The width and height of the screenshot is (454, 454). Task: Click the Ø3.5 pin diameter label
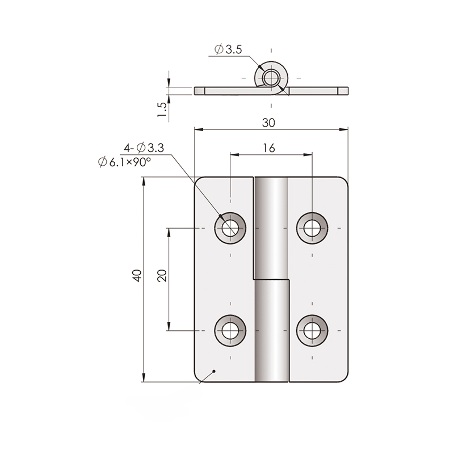pyautogui.click(x=228, y=49)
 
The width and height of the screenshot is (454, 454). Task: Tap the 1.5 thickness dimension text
pyautogui.click(x=162, y=110)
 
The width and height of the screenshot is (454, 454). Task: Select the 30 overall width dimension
pyautogui.click(x=268, y=123)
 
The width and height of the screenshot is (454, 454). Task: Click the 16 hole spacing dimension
pyautogui.click(x=268, y=148)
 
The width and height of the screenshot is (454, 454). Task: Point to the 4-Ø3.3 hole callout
pyautogui.click(x=144, y=148)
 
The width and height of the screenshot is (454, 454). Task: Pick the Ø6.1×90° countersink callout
pyautogui.click(x=124, y=162)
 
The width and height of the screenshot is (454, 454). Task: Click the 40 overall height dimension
pyautogui.click(x=137, y=275)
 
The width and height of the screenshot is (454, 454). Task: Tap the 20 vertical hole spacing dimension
pyautogui.click(x=162, y=275)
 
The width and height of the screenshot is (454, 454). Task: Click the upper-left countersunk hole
pyautogui.click(x=230, y=228)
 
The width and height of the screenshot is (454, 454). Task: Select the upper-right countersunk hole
pyautogui.click(x=312, y=228)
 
